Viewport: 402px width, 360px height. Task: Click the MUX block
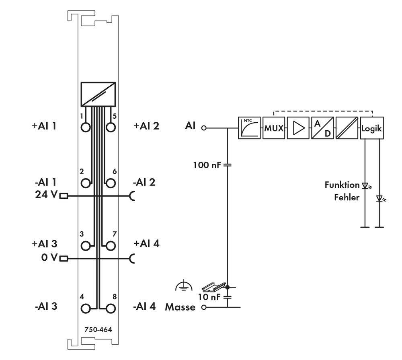(x=273, y=128)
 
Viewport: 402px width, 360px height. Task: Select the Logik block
(x=371, y=128)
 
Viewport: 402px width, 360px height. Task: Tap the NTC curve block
(x=249, y=128)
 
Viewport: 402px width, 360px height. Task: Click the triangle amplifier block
(x=298, y=128)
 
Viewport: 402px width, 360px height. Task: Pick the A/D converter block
(x=322, y=128)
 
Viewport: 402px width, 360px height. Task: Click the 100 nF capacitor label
(x=207, y=165)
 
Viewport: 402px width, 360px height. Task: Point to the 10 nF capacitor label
(x=209, y=297)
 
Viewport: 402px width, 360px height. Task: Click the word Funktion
(x=342, y=185)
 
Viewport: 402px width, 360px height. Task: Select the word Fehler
(x=347, y=197)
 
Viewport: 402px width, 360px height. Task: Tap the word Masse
(x=180, y=307)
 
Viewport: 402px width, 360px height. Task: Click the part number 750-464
(x=98, y=329)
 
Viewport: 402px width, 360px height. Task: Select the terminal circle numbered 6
(x=111, y=183)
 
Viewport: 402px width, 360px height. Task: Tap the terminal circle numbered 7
(x=111, y=245)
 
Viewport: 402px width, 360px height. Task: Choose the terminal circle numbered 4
(x=86, y=309)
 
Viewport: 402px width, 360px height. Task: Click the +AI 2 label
(x=146, y=125)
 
